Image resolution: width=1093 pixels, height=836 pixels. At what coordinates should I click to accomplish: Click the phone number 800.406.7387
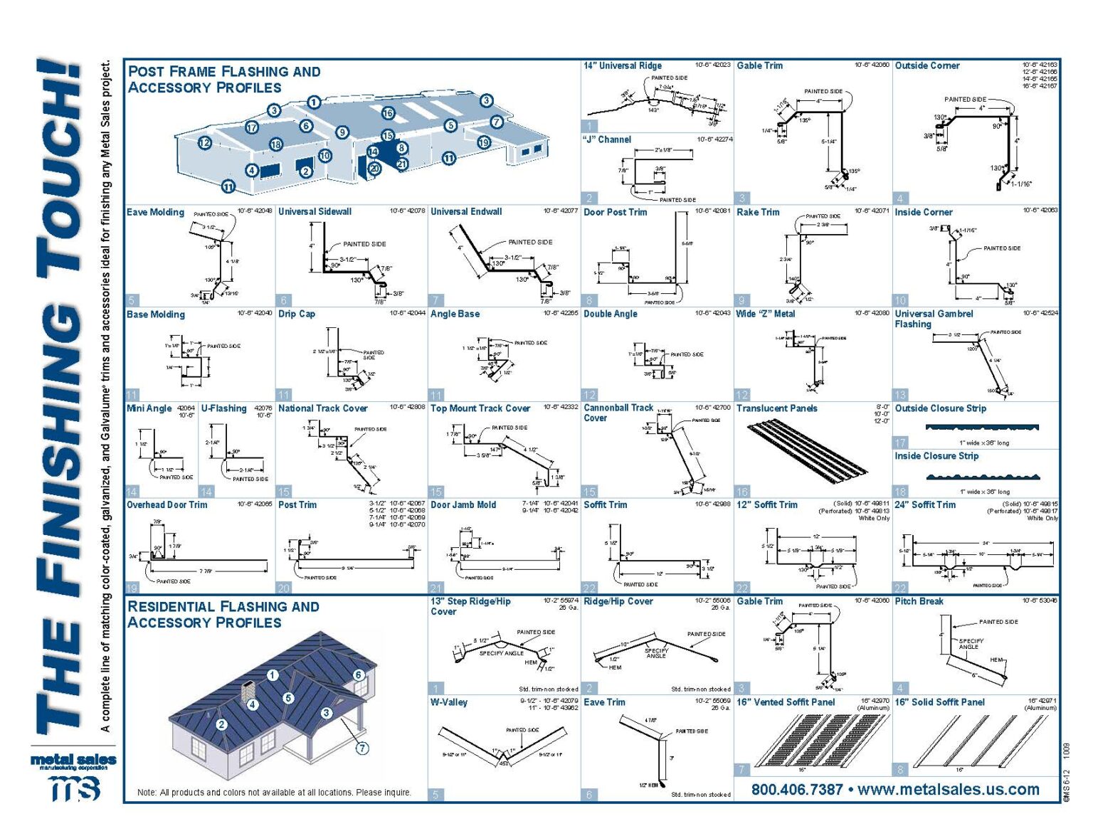click(x=796, y=789)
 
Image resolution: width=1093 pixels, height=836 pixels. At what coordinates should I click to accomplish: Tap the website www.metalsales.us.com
click(x=949, y=789)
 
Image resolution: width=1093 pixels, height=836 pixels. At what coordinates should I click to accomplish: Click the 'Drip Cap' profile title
click(x=297, y=314)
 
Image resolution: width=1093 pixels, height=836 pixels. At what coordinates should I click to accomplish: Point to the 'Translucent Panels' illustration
click(x=807, y=451)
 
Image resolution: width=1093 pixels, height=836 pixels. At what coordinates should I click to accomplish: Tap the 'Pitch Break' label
click(x=919, y=601)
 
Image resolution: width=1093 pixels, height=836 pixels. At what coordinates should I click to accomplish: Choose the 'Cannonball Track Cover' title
click(x=618, y=413)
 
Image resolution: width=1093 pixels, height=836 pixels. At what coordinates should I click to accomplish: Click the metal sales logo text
click(x=73, y=761)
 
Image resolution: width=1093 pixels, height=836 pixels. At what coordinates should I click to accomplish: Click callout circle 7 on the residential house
click(x=362, y=748)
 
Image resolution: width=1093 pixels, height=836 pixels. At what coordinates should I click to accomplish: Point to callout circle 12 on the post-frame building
click(x=205, y=143)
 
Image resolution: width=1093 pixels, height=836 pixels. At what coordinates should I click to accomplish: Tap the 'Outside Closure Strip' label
click(x=940, y=408)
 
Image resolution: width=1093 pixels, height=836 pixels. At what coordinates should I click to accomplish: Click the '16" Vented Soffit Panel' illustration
click(x=811, y=740)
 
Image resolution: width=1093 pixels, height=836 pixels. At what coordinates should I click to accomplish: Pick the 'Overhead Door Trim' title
click(x=167, y=505)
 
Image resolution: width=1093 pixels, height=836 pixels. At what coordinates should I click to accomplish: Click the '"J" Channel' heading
click(x=607, y=139)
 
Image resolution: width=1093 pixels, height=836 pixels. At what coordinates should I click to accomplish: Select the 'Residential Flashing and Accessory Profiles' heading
click(x=223, y=614)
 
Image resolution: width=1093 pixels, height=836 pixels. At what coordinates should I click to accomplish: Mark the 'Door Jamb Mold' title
click(x=463, y=505)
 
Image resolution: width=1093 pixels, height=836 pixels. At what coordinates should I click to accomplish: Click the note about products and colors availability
click(x=274, y=792)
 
